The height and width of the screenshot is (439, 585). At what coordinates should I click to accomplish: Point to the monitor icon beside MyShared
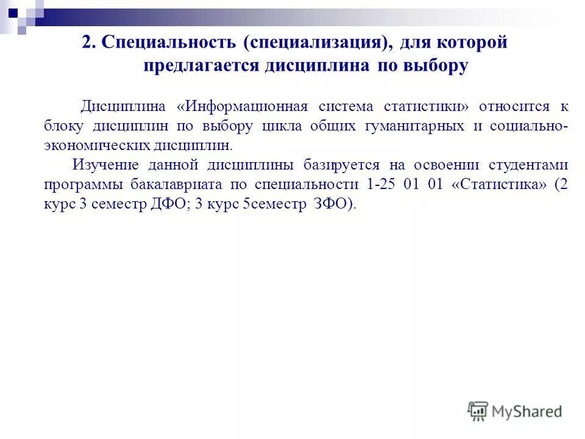point(478,411)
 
